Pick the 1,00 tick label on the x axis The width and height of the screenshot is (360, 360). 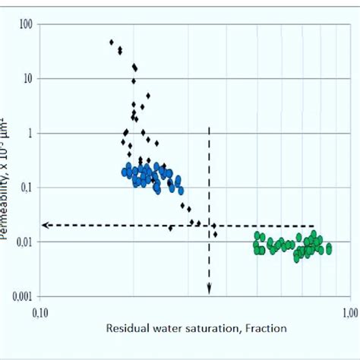click(x=349, y=311)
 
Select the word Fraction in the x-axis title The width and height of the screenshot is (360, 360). click(x=266, y=328)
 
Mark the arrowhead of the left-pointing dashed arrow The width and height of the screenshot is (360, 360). click(x=46, y=226)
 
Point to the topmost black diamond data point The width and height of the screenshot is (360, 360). click(x=112, y=43)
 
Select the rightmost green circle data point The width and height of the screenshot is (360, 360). click(x=328, y=248)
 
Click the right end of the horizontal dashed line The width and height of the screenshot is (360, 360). click(x=314, y=226)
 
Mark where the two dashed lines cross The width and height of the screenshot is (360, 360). click(x=209, y=226)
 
